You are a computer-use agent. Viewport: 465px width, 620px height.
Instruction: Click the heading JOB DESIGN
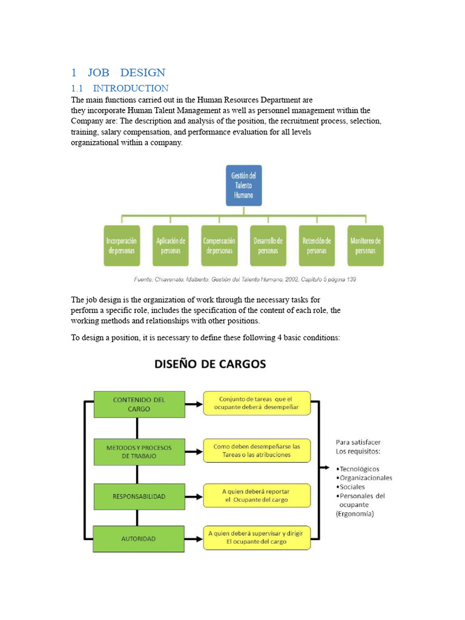pyautogui.click(x=118, y=73)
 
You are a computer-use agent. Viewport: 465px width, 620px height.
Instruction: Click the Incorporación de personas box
pyautogui.click(x=122, y=246)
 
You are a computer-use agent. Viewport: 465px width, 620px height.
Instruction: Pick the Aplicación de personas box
pyautogui.click(x=171, y=246)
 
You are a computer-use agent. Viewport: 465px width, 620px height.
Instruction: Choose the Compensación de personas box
pyautogui.click(x=219, y=246)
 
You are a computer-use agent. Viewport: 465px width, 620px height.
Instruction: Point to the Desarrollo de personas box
pyautogui.click(x=268, y=246)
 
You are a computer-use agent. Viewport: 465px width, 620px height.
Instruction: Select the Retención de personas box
pyautogui.click(x=317, y=246)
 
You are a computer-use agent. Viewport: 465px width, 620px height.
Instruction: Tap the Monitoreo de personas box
pyautogui.click(x=366, y=246)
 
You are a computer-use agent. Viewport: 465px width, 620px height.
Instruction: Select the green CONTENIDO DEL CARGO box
pyautogui.click(x=139, y=404)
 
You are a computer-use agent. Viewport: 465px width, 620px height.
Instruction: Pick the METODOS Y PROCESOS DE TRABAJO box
pyautogui.click(x=139, y=452)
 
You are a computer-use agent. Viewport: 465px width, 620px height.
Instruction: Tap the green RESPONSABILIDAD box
pyautogui.click(x=139, y=496)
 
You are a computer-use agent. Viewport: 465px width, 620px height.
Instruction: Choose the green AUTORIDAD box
pyautogui.click(x=139, y=538)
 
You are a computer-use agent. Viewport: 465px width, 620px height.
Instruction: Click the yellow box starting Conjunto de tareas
pyautogui.click(x=257, y=403)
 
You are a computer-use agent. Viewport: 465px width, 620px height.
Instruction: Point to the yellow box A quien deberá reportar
pyautogui.click(x=257, y=496)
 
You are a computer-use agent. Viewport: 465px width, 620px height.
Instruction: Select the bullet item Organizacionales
pyautogui.click(x=366, y=478)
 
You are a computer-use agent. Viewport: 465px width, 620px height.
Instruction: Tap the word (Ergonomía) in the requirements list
pyautogui.click(x=355, y=514)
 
